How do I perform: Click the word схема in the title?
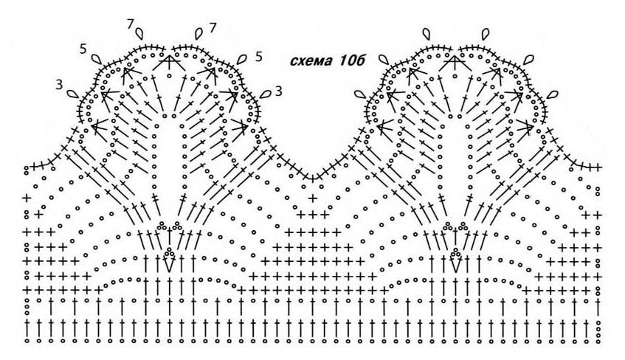pyautogui.click(x=312, y=61)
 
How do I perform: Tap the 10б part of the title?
pyautogui.click(x=352, y=60)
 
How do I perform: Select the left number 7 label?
pyautogui.click(x=131, y=25)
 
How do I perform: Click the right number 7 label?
pyautogui.click(x=212, y=28)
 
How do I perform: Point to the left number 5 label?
pyautogui.click(x=83, y=49)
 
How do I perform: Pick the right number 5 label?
pyautogui.click(x=259, y=57)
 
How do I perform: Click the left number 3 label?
pyautogui.click(x=59, y=85)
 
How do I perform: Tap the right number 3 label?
pyautogui.click(x=279, y=91)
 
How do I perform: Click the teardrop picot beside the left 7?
pyautogui.click(x=139, y=33)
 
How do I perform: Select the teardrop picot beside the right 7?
pyautogui.click(x=199, y=33)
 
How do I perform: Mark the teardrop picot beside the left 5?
pyautogui.click(x=97, y=59)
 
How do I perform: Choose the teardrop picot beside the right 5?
pyautogui.click(x=241, y=60)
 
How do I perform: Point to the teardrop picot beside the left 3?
pyautogui.click(x=72, y=94)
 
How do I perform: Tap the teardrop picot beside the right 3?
pyautogui.click(x=265, y=94)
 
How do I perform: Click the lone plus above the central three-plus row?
pyautogui.click(x=314, y=198)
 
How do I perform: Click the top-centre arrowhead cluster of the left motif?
pyautogui.click(x=170, y=62)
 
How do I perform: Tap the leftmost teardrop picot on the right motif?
pyautogui.click(x=361, y=94)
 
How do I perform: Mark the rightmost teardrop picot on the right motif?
pyautogui.click(x=552, y=95)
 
